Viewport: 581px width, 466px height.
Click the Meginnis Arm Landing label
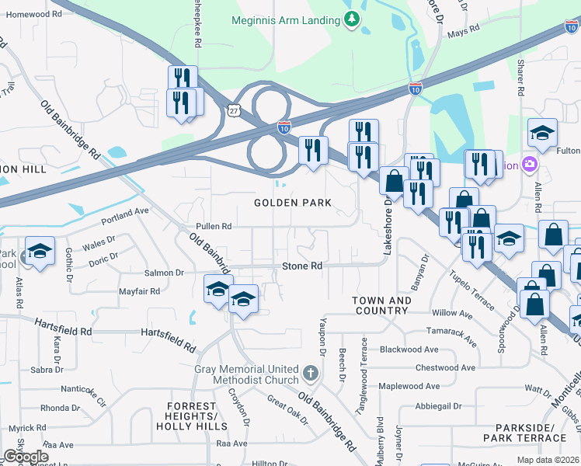[x=285, y=20]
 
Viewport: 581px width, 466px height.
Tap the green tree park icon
[x=353, y=19]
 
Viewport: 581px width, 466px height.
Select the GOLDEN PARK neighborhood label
[x=293, y=203]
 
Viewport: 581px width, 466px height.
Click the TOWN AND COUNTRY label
[x=381, y=305]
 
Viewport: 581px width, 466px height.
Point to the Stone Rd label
[x=301, y=266]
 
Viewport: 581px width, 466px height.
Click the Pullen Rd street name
[x=214, y=227]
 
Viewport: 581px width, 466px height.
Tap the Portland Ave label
[x=130, y=211]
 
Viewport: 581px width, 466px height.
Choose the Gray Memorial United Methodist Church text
[x=247, y=374]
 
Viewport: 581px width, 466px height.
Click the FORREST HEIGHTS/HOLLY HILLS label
[x=186, y=416]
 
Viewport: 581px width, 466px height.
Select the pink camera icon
[x=530, y=164]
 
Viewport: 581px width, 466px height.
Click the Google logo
[x=25, y=457]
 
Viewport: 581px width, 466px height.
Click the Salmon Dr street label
[x=163, y=273]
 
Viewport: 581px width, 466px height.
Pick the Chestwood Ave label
[x=445, y=367]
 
